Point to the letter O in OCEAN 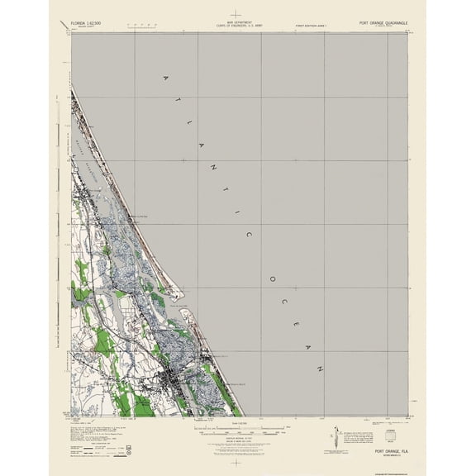[x=269, y=278]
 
